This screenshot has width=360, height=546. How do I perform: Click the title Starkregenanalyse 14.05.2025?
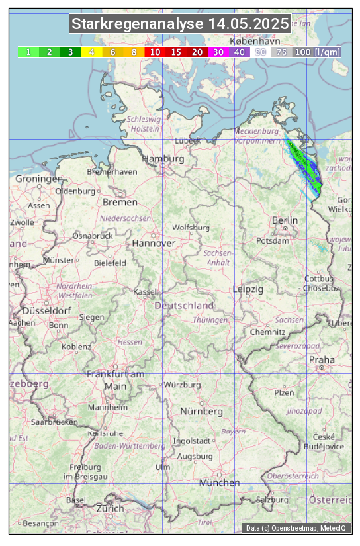click(180, 24)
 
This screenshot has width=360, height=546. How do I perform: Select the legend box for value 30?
click(218, 52)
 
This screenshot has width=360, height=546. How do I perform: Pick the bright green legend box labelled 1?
click(28, 52)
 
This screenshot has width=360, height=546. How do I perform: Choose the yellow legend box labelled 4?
click(91, 52)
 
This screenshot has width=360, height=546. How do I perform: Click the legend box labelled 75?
click(281, 52)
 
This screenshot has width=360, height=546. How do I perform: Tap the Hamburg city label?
click(163, 159)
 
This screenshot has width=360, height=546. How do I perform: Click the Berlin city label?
click(285, 220)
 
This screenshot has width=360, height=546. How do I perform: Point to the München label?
click(220, 483)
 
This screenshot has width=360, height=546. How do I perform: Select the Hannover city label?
click(154, 243)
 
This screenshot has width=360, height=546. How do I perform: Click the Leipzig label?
click(248, 289)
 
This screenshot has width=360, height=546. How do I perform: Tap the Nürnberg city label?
click(202, 411)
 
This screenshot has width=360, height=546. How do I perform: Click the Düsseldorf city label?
click(47, 310)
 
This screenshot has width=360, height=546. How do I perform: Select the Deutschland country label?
click(184, 306)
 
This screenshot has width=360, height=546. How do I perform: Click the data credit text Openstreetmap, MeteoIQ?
click(297, 528)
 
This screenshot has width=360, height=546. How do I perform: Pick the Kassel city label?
click(144, 291)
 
